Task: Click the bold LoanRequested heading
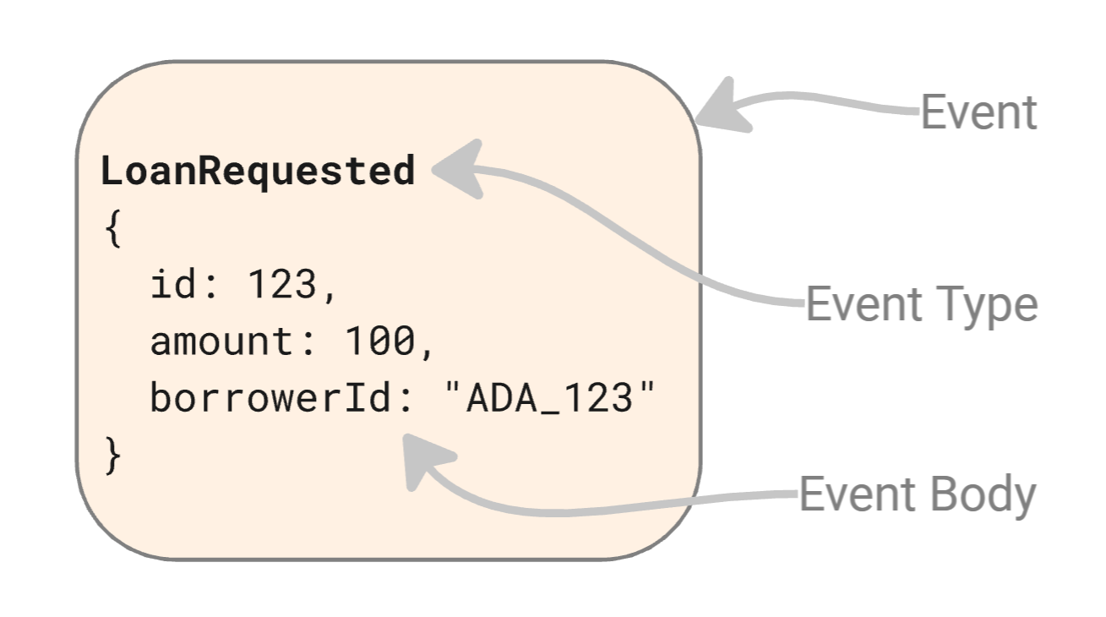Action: coord(258,172)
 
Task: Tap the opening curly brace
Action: coord(113,229)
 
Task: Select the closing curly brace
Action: coord(113,456)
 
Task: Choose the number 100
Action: coord(379,341)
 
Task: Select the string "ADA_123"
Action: coord(550,398)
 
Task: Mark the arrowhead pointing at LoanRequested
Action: coord(460,170)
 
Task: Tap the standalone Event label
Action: coord(978,112)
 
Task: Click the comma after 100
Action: coord(427,351)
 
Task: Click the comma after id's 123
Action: coord(330,294)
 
